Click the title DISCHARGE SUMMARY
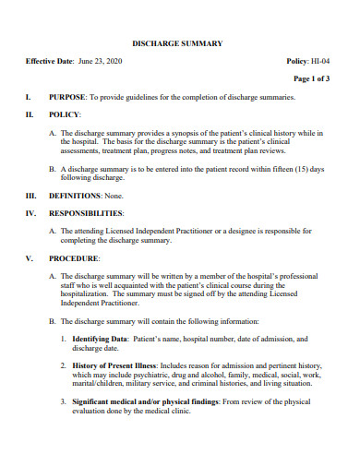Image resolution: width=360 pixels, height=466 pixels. click(x=177, y=43)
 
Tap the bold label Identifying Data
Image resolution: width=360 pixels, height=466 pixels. click(x=102, y=340)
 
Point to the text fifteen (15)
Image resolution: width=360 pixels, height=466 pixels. click(x=287, y=169)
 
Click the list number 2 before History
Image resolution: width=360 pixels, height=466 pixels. click(x=63, y=366)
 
